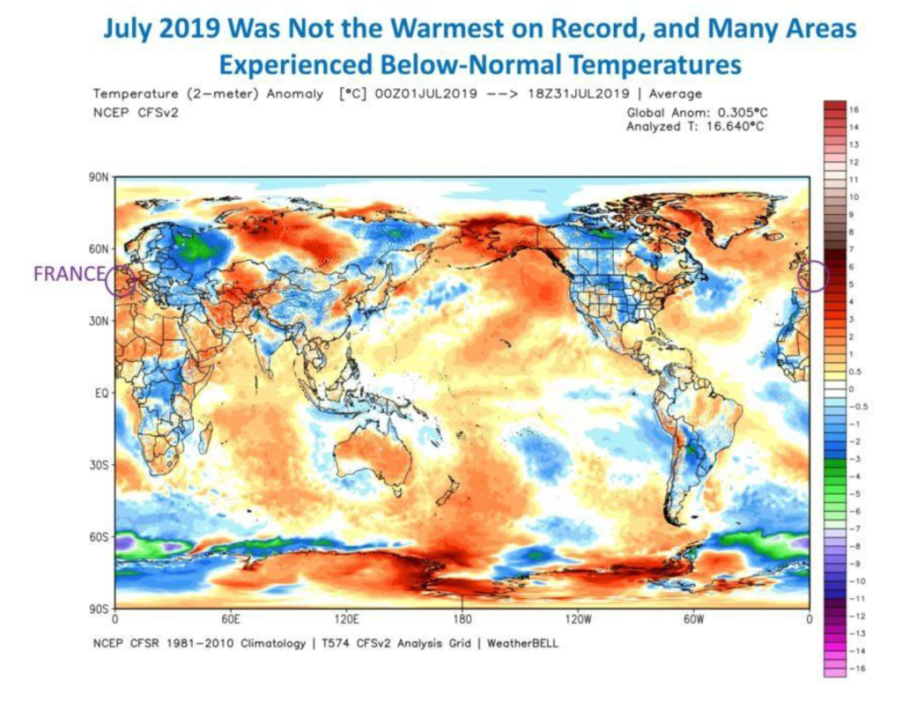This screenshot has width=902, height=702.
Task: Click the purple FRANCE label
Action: (68, 274)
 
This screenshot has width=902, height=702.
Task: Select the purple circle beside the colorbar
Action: (812, 277)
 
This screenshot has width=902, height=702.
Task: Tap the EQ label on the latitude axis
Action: (101, 393)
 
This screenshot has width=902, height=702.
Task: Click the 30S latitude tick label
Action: (100, 465)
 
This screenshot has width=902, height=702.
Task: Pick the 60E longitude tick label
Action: (230, 618)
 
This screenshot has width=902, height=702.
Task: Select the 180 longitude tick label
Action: (462, 618)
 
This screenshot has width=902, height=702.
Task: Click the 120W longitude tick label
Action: (578, 618)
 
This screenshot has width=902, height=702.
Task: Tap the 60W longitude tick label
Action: (693, 618)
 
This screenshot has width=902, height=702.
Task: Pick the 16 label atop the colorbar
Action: (854, 109)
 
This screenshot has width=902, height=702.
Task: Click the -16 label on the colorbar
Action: (855, 669)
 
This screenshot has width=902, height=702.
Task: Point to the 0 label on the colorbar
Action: (851, 388)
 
